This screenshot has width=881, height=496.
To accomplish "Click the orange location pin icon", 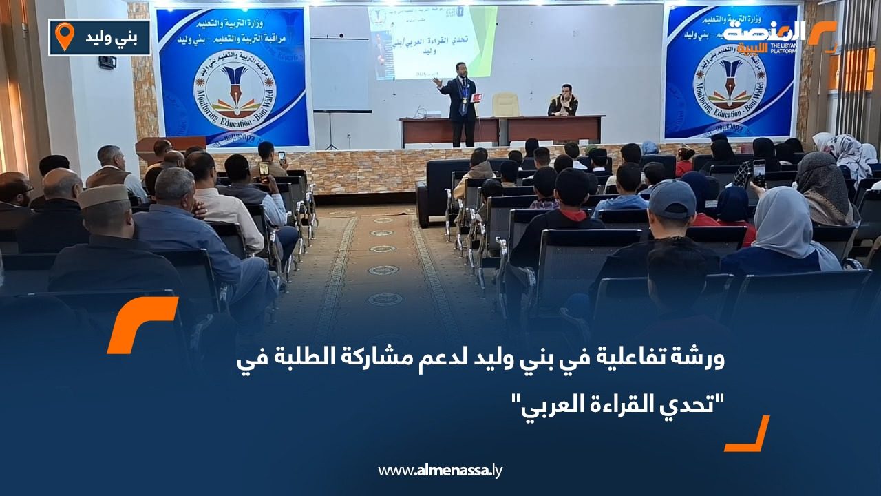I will click(x=64, y=37).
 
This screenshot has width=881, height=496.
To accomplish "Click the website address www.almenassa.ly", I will click(x=440, y=471).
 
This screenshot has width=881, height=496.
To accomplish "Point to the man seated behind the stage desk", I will click(x=562, y=101).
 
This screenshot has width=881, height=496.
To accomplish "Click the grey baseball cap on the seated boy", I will click(x=671, y=198).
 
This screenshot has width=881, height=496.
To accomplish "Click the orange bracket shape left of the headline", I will click(x=141, y=324).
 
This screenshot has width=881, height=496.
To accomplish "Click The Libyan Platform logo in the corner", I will click(x=778, y=38).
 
